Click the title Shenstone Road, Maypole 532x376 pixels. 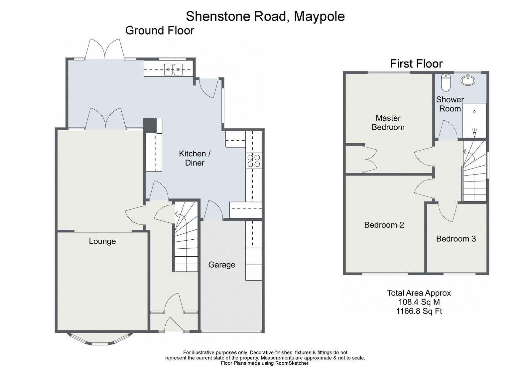(265, 16)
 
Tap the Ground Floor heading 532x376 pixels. (160, 31)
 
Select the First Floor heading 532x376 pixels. (416, 63)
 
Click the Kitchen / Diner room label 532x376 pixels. (195, 158)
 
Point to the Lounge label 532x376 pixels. (102, 241)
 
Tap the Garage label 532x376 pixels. (221, 265)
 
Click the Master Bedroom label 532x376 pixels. (388, 123)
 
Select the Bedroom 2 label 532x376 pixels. (384, 225)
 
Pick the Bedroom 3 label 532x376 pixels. (456, 239)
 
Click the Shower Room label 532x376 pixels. (450, 104)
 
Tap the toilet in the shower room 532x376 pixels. (445, 82)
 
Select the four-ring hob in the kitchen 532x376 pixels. (254, 161)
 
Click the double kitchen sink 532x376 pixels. (173, 69)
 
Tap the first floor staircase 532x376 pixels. (474, 171)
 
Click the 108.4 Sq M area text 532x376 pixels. (419, 302)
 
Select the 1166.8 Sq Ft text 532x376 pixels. (419, 311)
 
